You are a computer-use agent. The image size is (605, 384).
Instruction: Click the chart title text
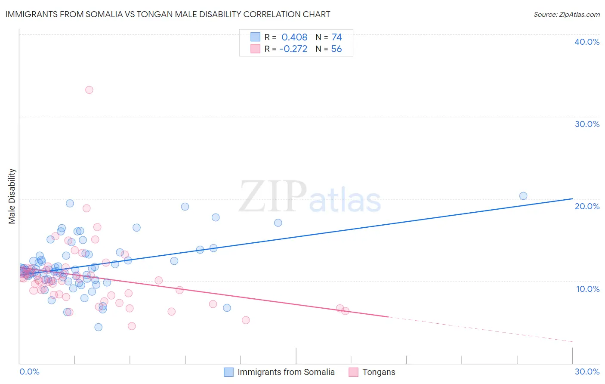(168, 14)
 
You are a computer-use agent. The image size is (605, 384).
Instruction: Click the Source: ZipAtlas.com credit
(566, 14)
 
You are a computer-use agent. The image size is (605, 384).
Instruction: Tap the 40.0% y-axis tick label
(587, 42)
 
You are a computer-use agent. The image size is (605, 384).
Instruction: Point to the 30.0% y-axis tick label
(587, 124)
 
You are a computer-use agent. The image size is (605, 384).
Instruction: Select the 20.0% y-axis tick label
(587, 206)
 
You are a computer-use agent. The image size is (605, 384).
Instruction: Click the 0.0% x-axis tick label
(29, 372)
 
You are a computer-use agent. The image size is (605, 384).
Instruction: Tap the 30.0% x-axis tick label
(587, 372)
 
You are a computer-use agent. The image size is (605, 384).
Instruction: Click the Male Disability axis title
(12, 196)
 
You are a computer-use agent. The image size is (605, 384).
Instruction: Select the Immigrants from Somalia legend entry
(286, 372)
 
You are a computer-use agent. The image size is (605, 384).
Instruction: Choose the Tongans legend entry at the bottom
(379, 372)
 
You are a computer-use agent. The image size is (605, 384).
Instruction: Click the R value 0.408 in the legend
(294, 37)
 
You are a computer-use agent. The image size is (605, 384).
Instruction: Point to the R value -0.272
(293, 49)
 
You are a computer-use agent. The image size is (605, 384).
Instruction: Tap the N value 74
(336, 37)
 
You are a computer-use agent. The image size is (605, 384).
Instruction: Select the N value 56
(336, 49)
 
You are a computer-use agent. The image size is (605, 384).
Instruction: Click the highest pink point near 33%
(89, 90)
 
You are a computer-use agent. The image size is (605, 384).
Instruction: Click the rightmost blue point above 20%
(523, 196)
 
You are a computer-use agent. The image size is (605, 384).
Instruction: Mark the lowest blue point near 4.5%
(98, 327)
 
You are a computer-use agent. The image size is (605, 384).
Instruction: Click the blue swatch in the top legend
(255, 37)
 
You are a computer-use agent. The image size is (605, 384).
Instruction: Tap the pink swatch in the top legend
(255, 49)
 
